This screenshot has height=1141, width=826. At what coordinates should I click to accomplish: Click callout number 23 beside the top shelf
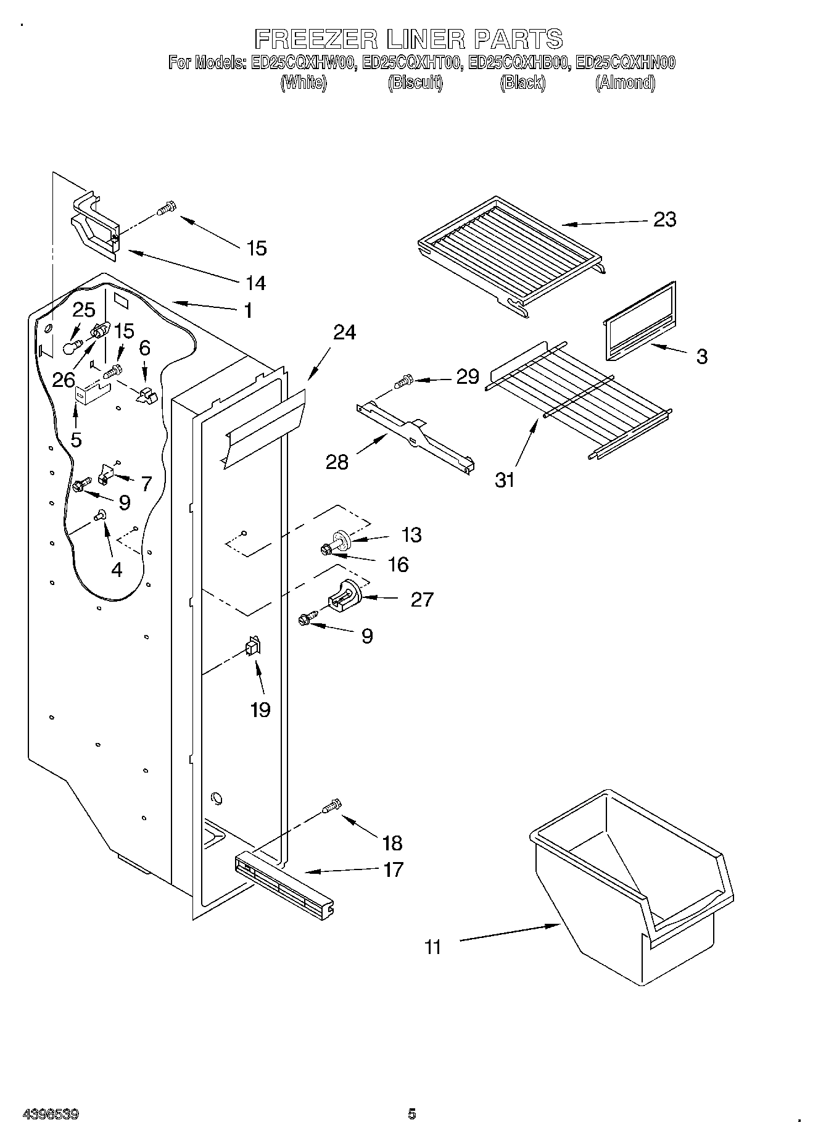pos(664,219)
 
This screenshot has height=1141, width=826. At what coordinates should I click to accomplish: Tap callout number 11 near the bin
pos(433,947)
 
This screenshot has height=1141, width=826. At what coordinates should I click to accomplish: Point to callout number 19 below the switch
pos(260,710)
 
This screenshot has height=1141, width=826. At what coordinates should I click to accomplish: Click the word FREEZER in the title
pos(315,39)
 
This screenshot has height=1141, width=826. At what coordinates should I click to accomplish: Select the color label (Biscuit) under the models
pos(415,83)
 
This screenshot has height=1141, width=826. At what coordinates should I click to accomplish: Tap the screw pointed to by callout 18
pos(332,807)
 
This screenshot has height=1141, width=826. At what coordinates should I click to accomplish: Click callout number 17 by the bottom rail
pos(393,869)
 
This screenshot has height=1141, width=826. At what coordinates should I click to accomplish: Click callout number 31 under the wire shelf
pos(505,479)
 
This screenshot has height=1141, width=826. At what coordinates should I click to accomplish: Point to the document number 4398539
pos(51,1114)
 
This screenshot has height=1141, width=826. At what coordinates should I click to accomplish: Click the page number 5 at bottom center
pos(412,1114)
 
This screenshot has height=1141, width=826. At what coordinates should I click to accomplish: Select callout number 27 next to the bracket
pos(422,599)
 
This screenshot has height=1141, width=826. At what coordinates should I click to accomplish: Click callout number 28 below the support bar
pos(337,462)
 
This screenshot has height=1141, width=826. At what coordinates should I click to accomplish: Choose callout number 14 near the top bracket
pos(256,283)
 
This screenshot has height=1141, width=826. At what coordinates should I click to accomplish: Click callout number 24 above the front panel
pos(344,332)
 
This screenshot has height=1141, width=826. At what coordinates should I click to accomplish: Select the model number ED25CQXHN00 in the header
pos(625,62)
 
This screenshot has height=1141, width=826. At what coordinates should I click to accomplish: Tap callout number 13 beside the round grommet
pos(411,534)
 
